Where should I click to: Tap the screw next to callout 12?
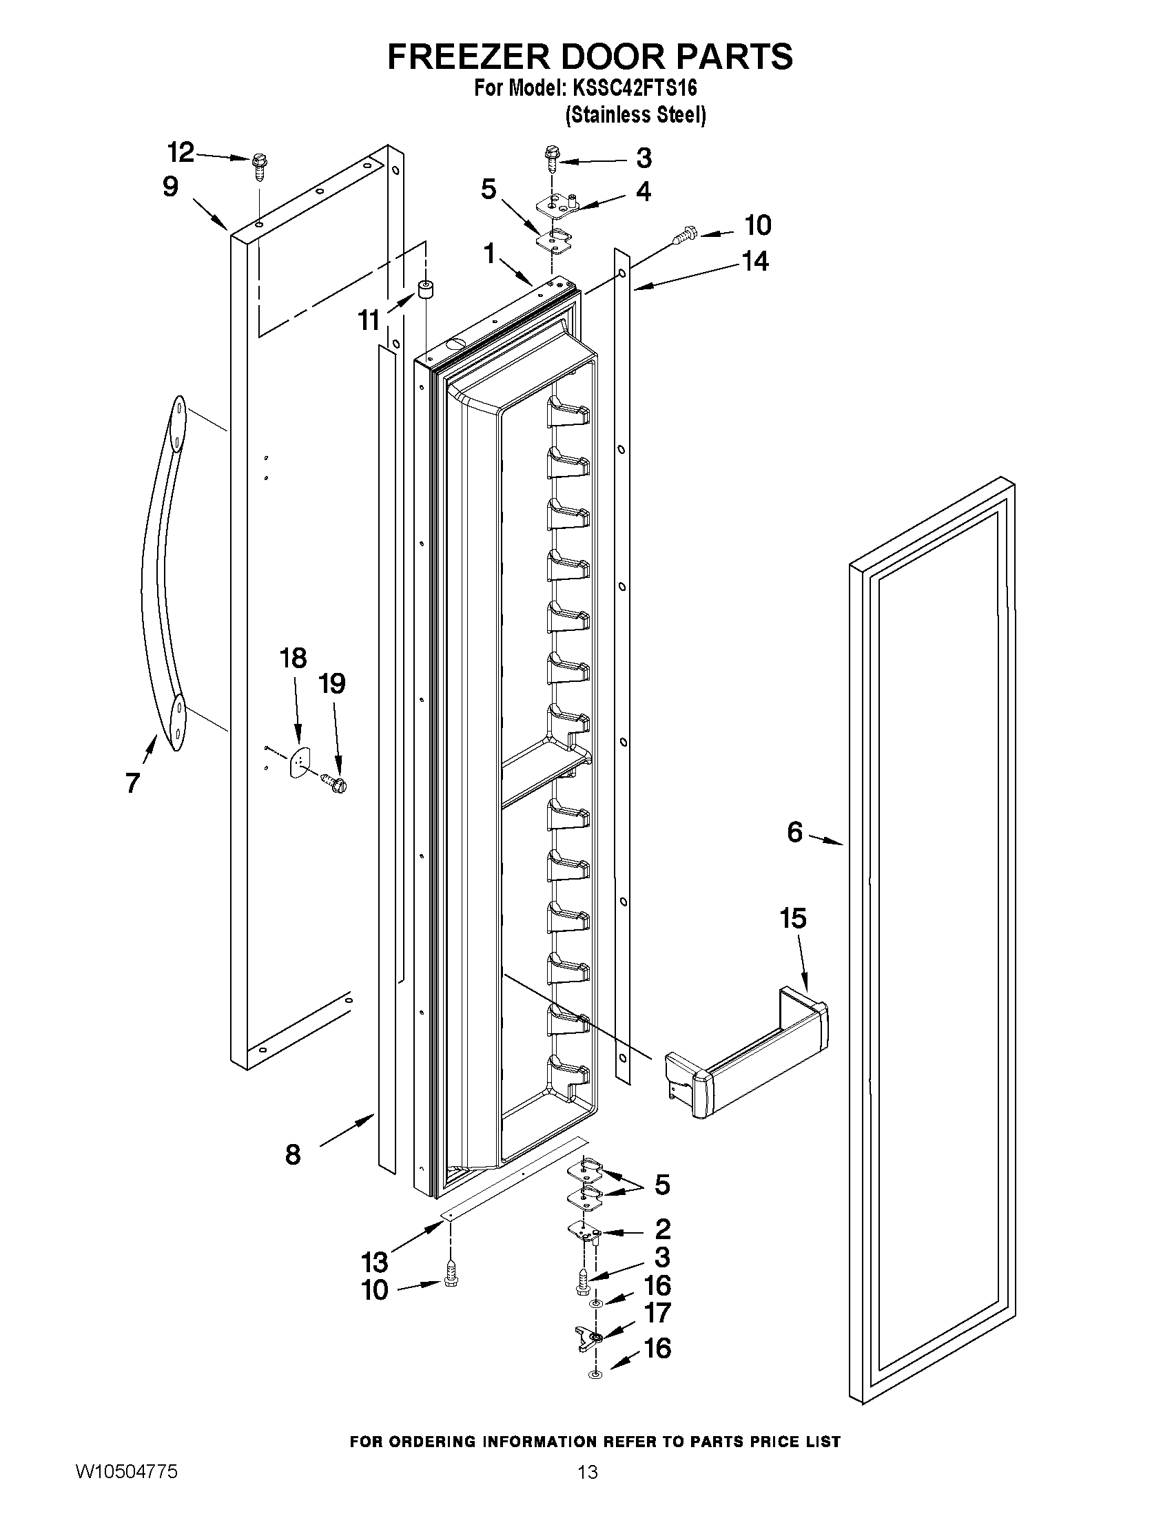(x=260, y=166)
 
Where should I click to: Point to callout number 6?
(x=795, y=831)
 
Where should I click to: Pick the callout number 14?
(x=755, y=261)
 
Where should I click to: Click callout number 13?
(x=374, y=1261)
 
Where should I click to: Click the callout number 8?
(x=293, y=1154)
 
